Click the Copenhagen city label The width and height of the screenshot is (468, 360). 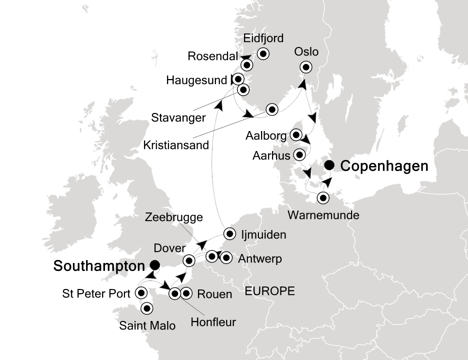point(384,166)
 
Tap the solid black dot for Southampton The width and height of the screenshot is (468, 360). point(155,264)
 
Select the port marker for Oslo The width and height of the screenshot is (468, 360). point(305,67)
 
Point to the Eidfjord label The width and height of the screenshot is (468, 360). point(263,38)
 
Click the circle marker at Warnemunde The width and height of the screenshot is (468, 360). point(323,198)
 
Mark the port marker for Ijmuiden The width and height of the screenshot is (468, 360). point(229,233)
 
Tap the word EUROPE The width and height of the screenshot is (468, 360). point(269,291)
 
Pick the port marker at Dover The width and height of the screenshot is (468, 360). point(189,260)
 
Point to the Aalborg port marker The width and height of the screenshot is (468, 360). point(296,135)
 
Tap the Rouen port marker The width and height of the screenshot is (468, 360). point(186,293)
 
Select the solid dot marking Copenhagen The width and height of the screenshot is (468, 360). point(329,165)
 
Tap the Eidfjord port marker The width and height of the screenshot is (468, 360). point(262,54)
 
